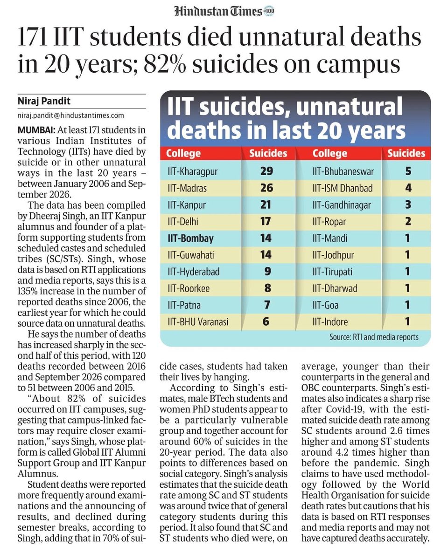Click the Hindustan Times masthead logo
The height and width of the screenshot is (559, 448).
click(224, 12)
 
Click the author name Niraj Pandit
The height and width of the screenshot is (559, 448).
click(44, 101)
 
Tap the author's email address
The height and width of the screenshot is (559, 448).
click(71, 116)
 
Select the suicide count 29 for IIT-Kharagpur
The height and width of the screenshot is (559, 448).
click(266, 171)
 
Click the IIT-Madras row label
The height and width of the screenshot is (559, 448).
click(187, 188)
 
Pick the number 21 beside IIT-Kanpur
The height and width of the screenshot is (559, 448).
click(266, 205)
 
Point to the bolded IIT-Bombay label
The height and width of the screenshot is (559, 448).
click(190, 238)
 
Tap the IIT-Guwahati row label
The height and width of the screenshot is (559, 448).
click(191, 255)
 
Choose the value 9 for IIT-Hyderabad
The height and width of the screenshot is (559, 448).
click(267, 272)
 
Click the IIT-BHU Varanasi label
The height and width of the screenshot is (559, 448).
click(198, 322)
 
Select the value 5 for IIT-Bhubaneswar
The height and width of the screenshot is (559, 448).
click(408, 171)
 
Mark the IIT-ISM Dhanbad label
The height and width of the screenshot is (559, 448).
click(343, 188)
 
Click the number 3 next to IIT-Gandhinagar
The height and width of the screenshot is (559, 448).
click(408, 205)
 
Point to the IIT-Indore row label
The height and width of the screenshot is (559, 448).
click(330, 322)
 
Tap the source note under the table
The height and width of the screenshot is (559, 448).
click(374, 337)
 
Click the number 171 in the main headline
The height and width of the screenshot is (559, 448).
click(33, 37)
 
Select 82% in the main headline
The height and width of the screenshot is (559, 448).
click(165, 64)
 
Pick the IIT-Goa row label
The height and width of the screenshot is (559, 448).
click(326, 305)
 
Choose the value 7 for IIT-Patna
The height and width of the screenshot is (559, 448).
click(267, 305)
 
